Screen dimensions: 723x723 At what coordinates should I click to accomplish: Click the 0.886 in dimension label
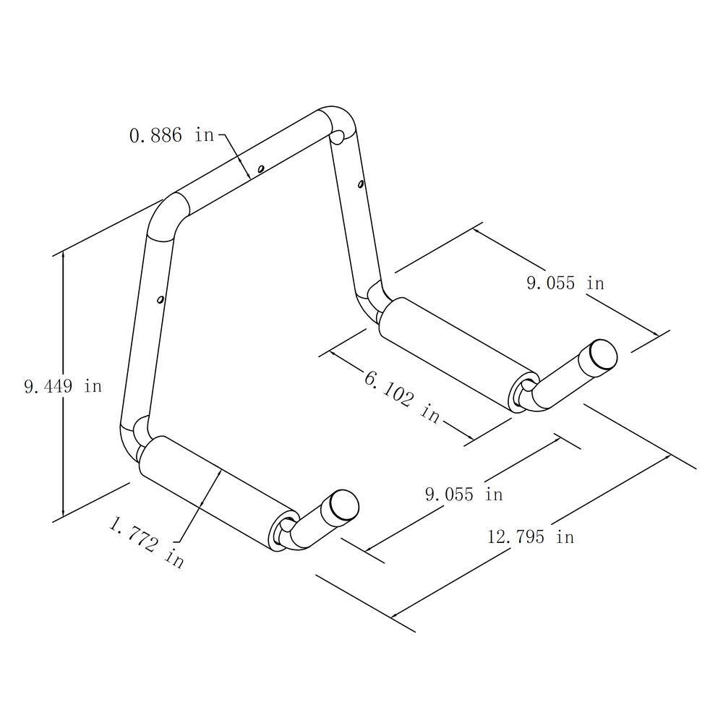coord(171,134)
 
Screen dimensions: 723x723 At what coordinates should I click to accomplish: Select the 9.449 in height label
coord(63,386)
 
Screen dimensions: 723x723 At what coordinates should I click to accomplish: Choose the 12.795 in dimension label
coord(531,536)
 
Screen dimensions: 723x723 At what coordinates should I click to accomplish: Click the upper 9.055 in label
coord(565,283)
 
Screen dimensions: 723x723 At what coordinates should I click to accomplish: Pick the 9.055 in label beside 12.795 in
coord(463,495)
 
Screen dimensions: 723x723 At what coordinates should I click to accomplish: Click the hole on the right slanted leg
coord(360,184)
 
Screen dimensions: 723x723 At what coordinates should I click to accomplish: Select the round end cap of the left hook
coord(345,504)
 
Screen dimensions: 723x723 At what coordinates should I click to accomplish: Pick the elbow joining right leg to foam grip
coord(377,300)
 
